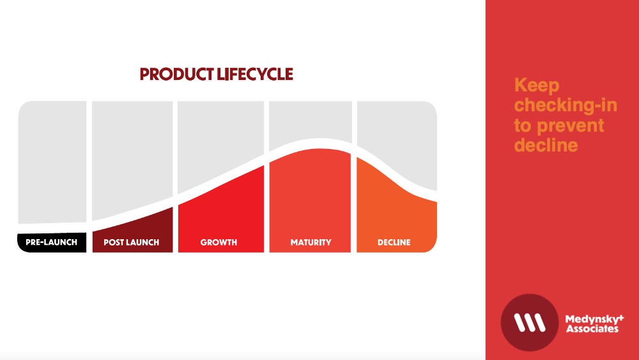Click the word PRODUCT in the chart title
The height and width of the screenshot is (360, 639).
[x=176, y=74]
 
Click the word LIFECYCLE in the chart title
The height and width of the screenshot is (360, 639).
[x=255, y=74]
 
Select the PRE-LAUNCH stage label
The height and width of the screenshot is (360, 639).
[x=51, y=242]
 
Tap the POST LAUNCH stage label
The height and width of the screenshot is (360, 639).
[x=131, y=242]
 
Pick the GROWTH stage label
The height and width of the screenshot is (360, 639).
[x=219, y=242]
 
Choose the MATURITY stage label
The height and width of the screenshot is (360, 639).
[x=311, y=242]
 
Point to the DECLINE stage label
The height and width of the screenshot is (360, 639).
[x=394, y=242]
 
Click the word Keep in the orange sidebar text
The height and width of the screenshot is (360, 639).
[x=537, y=86]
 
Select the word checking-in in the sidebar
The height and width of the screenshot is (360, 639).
[x=566, y=106]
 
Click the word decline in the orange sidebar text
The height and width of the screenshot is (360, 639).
[x=546, y=145]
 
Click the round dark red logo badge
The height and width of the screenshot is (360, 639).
[x=529, y=322]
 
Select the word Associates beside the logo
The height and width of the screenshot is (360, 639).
[x=592, y=329]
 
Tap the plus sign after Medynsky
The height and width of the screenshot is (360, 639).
[x=621, y=317]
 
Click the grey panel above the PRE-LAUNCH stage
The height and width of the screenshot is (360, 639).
[x=52, y=162]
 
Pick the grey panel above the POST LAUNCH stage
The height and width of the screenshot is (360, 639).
[x=132, y=155]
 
